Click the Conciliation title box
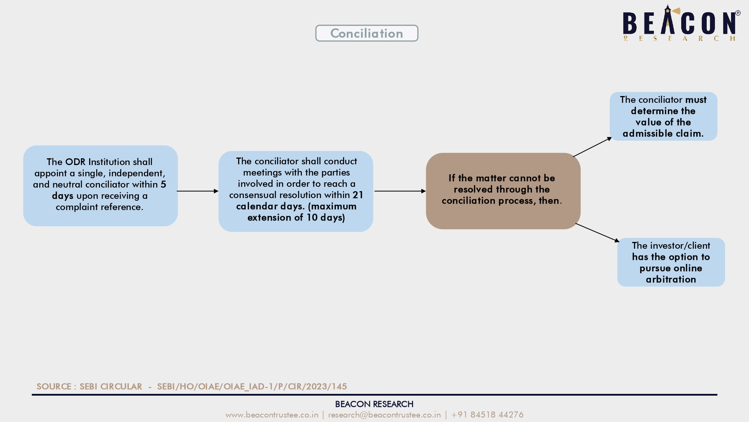coord(367,33)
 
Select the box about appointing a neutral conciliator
coord(100,186)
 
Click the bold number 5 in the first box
coord(163,184)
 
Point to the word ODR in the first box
coord(75,162)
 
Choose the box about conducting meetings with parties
coord(296,191)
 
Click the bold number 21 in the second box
coord(358,195)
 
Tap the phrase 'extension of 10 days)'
coord(296,218)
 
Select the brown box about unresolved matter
coord(503,191)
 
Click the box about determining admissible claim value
coord(663,116)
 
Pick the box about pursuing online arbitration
coord(671,262)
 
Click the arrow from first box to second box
coord(198,191)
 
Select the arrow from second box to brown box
coord(400,191)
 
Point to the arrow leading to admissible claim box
coord(592,147)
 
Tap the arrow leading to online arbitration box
coord(597,233)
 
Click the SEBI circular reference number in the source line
coord(252,386)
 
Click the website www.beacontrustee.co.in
coord(272,414)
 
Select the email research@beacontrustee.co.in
coord(385,414)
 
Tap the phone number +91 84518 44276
coord(487,414)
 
